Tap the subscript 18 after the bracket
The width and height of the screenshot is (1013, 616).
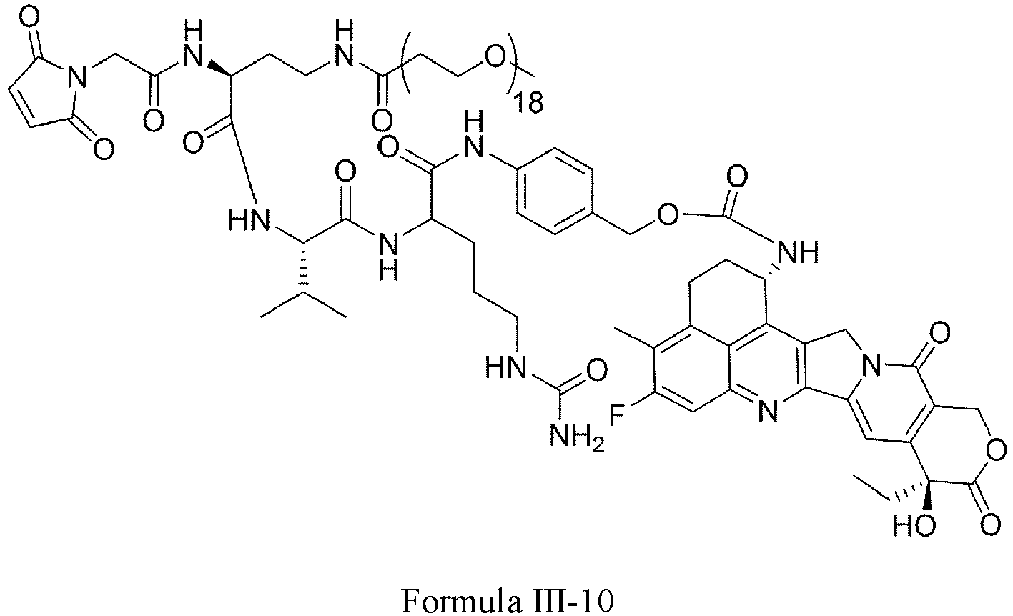point(528,102)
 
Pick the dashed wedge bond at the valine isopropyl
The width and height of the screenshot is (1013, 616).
point(305,270)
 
